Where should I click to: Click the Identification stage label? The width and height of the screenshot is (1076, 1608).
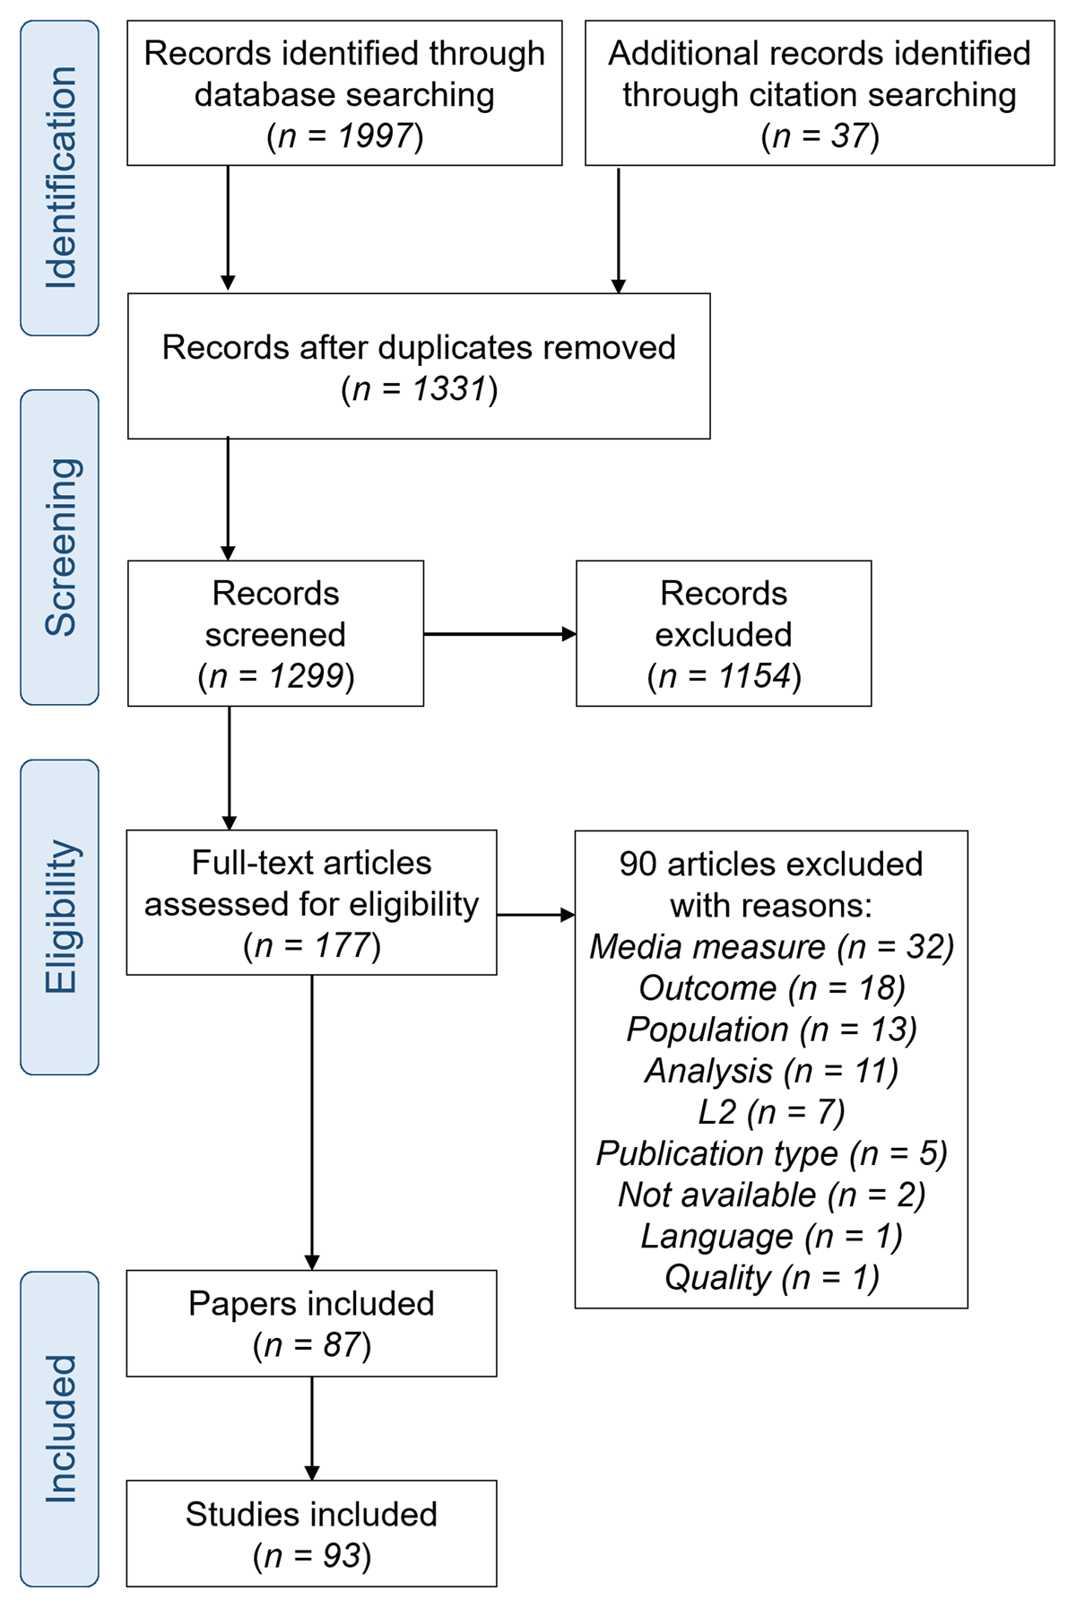[x=60, y=178]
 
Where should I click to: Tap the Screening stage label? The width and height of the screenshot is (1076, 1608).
[x=60, y=547]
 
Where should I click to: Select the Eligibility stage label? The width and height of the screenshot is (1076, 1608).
[x=60, y=917]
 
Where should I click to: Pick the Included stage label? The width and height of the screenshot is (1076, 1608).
[x=60, y=1429]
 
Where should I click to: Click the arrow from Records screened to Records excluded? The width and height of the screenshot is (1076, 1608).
[x=499, y=634]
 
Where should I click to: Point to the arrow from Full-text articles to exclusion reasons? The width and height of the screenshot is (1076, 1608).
[x=535, y=915]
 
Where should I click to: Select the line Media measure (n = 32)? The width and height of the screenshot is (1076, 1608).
[x=771, y=947]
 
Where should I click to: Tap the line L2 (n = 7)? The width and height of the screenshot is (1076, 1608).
[x=771, y=1112]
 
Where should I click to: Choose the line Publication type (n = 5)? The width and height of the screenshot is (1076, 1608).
[x=771, y=1153]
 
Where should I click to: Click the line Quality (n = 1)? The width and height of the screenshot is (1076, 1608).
[x=771, y=1277]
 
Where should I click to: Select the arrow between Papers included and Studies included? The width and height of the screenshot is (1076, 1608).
[x=312, y=1428]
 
